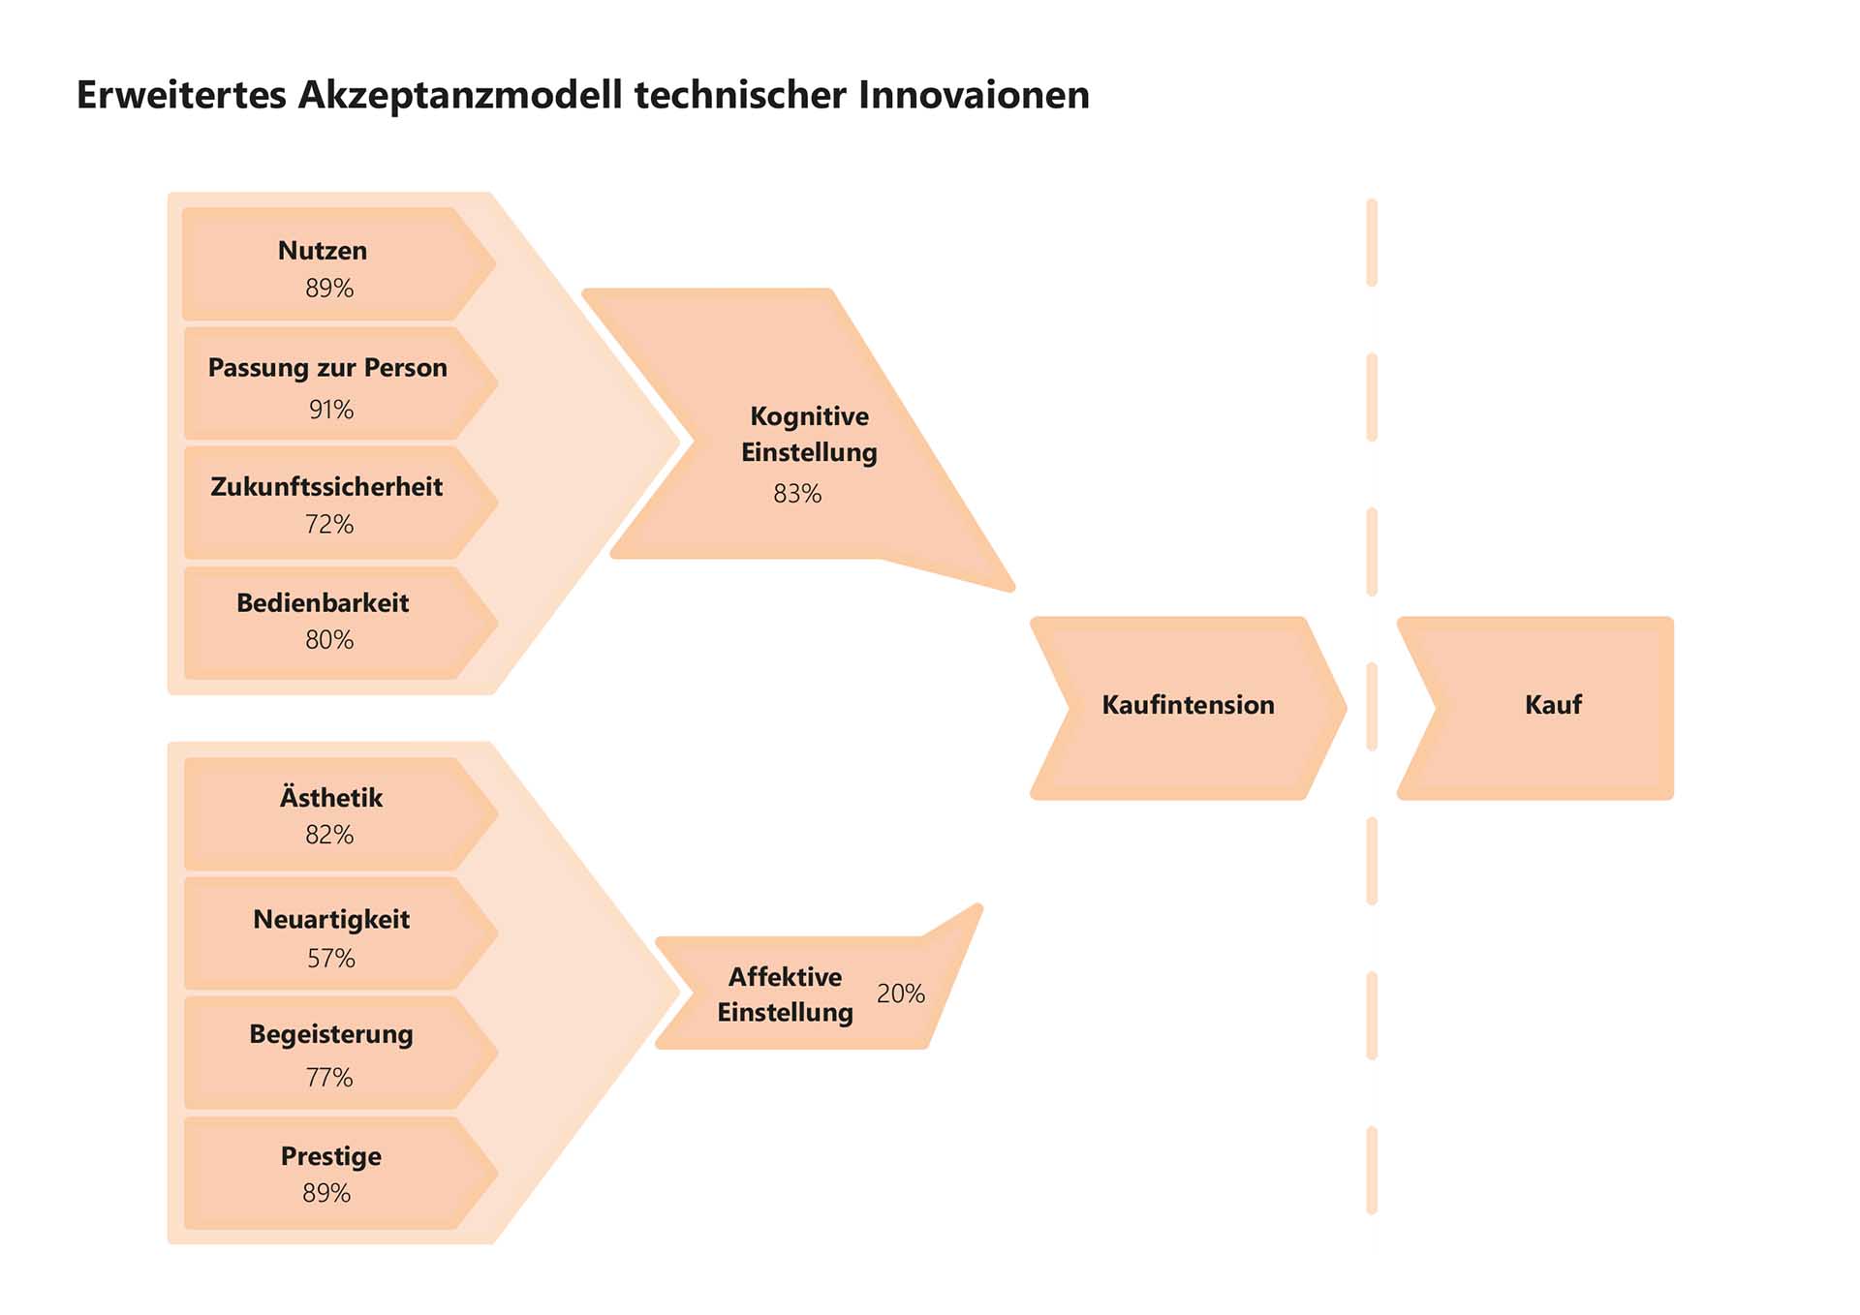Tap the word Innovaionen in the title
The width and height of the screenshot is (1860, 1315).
click(974, 95)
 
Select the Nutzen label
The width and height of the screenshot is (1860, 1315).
click(323, 251)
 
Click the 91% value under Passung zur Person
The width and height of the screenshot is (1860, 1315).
click(331, 410)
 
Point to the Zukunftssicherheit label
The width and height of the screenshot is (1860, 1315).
click(326, 486)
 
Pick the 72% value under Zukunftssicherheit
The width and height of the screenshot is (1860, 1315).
click(329, 524)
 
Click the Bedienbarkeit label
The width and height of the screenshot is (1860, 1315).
click(323, 602)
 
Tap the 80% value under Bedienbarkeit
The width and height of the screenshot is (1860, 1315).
click(329, 639)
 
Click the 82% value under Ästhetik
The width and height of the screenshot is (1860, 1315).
click(329, 834)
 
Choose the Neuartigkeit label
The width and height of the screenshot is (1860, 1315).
click(331, 919)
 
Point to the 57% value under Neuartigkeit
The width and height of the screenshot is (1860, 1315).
click(331, 958)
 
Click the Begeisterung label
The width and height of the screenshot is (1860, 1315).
click(331, 1034)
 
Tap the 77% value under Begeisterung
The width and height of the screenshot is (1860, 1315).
click(329, 1077)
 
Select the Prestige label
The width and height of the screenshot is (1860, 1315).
click(331, 1156)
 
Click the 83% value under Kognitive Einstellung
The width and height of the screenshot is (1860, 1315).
click(797, 494)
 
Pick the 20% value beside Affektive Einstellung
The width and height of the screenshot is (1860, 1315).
click(901, 994)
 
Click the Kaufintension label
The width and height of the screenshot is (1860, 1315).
click(1189, 704)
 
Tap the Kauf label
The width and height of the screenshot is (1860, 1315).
click(1553, 704)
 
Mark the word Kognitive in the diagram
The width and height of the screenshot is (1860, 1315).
click(810, 416)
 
